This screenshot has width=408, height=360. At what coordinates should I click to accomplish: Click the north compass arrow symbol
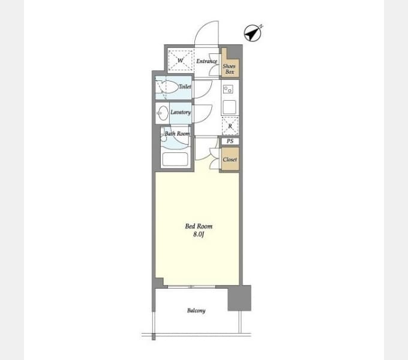click(253, 33)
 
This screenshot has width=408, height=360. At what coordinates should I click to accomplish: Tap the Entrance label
click(206, 61)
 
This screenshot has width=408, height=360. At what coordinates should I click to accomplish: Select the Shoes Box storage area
click(230, 64)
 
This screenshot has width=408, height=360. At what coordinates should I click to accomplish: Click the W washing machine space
click(181, 61)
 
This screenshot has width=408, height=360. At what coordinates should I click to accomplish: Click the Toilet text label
click(185, 86)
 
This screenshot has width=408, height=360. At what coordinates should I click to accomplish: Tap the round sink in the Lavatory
click(163, 113)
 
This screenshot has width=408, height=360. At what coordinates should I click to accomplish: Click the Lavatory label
click(181, 112)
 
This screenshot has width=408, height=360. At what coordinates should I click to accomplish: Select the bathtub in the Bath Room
click(175, 159)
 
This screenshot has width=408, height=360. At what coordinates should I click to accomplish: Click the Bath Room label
click(177, 134)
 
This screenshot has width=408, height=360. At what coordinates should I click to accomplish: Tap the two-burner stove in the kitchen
click(228, 89)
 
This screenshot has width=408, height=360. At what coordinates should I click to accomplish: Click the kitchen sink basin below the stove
click(229, 107)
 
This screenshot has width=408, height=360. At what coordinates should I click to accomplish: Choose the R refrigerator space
click(230, 126)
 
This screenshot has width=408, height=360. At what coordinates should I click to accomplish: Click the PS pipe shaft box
click(230, 141)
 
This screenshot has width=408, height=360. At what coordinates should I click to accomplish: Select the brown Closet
click(230, 159)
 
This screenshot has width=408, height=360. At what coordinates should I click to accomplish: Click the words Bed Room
click(199, 226)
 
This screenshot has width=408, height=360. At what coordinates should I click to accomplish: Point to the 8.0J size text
click(198, 235)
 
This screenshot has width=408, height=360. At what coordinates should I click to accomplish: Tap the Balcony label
click(196, 310)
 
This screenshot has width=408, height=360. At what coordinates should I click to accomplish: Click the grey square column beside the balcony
click(239, 298)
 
